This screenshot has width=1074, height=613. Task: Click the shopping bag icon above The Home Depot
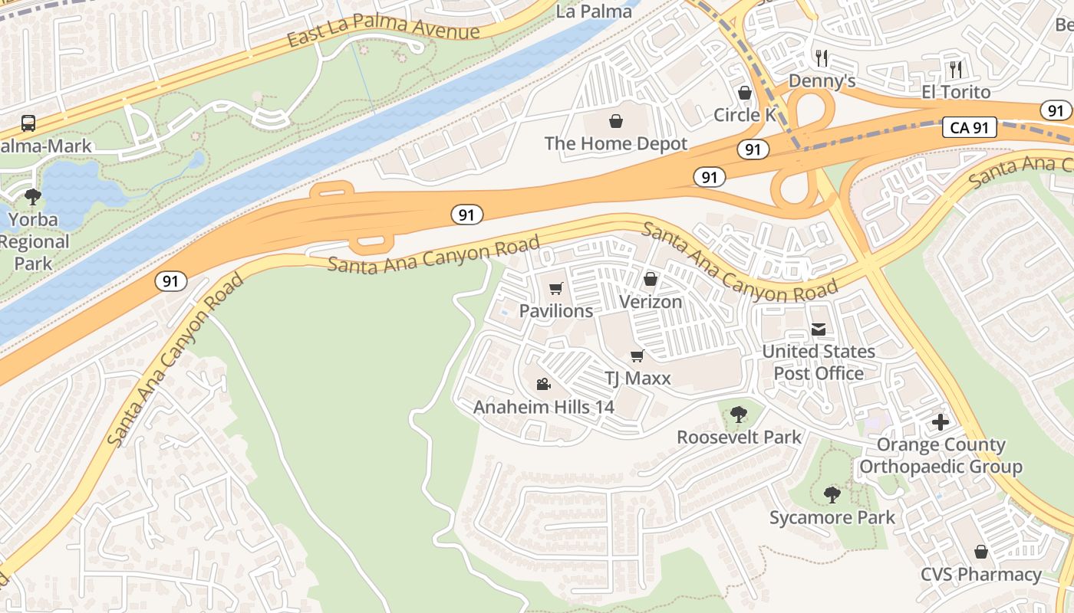(615, 121)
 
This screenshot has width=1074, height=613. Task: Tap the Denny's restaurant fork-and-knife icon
(822, 58)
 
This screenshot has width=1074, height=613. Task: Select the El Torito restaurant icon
(955, 70)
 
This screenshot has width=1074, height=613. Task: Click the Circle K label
(744, 115)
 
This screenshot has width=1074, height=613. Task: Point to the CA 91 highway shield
(969, 128)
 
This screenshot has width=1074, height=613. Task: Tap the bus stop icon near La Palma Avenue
(28, 123)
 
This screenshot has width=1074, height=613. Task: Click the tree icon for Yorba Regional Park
(33, 197)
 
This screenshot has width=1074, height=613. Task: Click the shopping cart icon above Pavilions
(555, 289)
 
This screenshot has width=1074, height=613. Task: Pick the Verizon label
(650, 302)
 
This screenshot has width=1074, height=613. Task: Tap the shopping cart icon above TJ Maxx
(637, 356)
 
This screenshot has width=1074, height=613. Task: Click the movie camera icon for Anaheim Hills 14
(543, 384)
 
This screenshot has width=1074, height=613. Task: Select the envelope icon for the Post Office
(819, 329)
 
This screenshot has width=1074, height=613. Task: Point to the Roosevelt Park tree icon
(738, 415)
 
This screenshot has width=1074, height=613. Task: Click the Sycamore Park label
(832, 518)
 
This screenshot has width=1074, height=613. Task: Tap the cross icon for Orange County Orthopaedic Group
(941, 422)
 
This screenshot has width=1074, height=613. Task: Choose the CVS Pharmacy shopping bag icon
(980, 552)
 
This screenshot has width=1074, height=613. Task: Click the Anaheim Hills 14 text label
(543, 407)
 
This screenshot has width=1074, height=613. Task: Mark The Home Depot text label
(615, 143)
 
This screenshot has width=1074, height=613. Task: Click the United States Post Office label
(818, 362)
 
